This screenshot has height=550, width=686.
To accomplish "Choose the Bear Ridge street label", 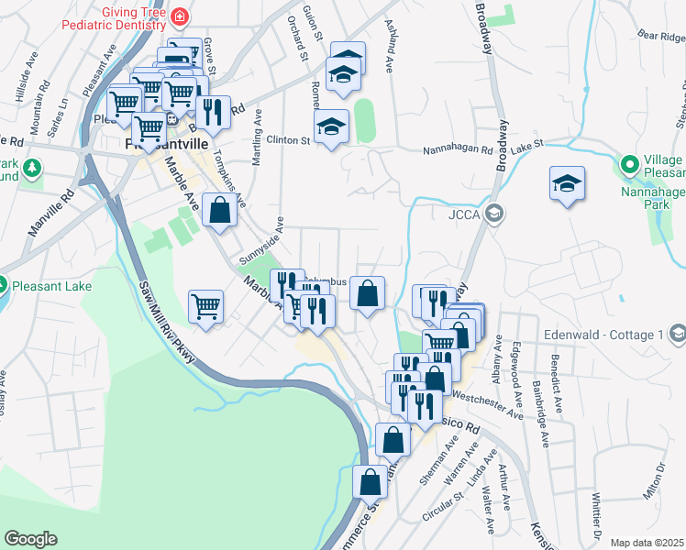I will [660, 38].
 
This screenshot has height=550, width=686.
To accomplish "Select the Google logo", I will [30, 539].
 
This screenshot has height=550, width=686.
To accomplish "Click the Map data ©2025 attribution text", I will [647, 543].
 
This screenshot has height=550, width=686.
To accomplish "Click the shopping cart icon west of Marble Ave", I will [205, 306].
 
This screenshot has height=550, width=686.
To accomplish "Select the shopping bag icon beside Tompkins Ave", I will [220, 210].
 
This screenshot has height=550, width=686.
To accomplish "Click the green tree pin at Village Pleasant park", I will [629, 166].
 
